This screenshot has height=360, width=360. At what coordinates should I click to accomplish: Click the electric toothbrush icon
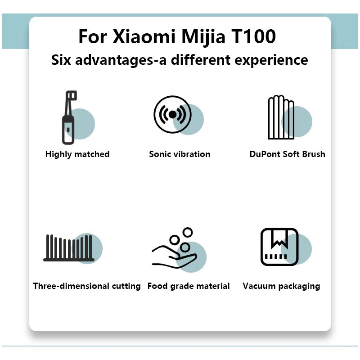tap(69, 117)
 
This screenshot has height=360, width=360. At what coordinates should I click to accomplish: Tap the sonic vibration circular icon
tap(172, 115)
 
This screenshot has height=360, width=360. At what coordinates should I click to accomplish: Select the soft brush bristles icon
tap(281, 117)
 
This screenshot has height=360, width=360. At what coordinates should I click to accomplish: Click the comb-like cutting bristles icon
tap(69, 248)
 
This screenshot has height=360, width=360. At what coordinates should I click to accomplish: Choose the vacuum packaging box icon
tap(279, 247)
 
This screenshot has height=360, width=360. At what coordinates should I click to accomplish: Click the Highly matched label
tap(77, 154)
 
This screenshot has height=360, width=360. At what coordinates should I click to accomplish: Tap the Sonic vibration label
tap(180, 154)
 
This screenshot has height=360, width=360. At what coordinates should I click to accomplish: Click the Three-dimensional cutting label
tap(87, 286)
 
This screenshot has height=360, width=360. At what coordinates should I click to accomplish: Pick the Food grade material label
tap(189, 286)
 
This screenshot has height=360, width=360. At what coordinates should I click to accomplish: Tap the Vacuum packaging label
tap(281, 286)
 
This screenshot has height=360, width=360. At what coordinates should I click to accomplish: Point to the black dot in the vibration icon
tap(172, 115)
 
